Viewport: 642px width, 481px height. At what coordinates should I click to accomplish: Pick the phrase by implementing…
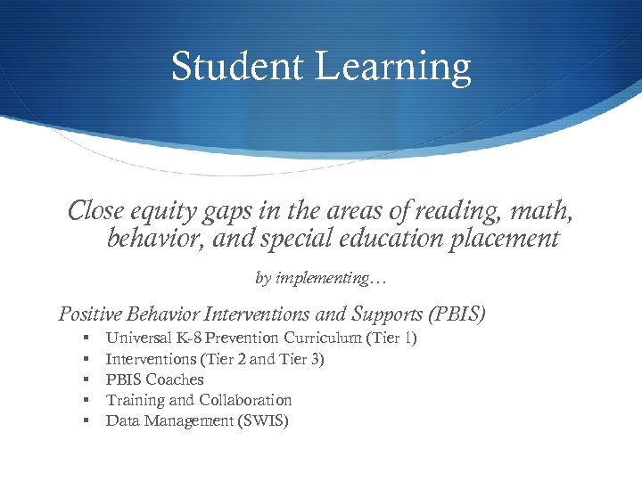(x=321, y=279)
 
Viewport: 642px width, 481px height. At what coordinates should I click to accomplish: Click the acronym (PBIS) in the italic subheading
(x=457, y=314)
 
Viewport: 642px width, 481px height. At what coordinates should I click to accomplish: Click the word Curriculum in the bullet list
(x=317, y=338)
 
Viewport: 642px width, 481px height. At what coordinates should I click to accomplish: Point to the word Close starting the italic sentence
(x=96, y=211)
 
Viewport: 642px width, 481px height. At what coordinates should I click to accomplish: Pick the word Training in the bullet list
(x=135, y=401)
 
